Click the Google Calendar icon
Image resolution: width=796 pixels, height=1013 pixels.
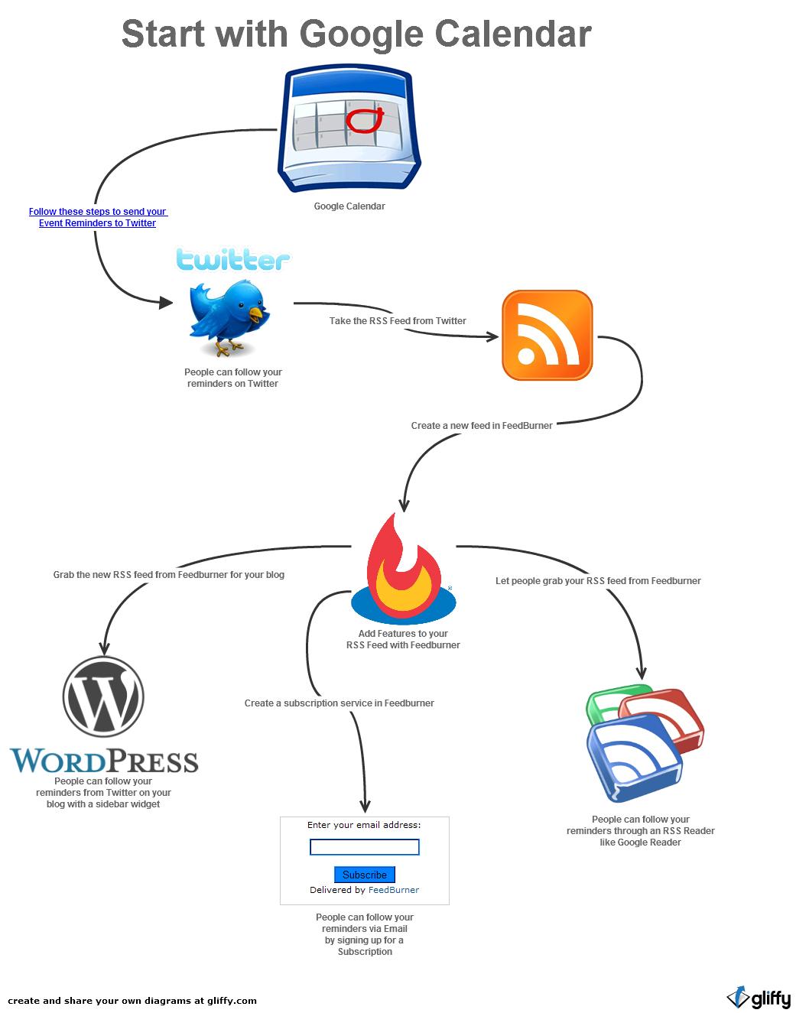349,130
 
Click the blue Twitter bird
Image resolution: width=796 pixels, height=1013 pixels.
228,315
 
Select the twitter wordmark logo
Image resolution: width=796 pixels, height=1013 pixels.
232,260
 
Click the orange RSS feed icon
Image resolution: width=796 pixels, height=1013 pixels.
547,335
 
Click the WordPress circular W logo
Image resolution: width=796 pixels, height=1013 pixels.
103,696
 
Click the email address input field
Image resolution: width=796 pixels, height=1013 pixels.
364,847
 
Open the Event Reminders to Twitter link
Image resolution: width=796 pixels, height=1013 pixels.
97,217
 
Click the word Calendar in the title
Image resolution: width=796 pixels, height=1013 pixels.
512,34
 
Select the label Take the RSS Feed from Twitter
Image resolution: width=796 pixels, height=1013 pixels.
398,321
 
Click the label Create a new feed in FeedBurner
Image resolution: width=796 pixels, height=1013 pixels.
482,426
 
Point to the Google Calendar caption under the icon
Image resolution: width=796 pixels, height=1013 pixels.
349,206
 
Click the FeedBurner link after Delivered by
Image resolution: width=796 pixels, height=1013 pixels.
394,890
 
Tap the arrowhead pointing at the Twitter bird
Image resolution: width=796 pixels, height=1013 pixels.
166,303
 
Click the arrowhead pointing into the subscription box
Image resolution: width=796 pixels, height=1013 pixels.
365,805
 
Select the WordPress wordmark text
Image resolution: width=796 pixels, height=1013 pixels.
104,761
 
